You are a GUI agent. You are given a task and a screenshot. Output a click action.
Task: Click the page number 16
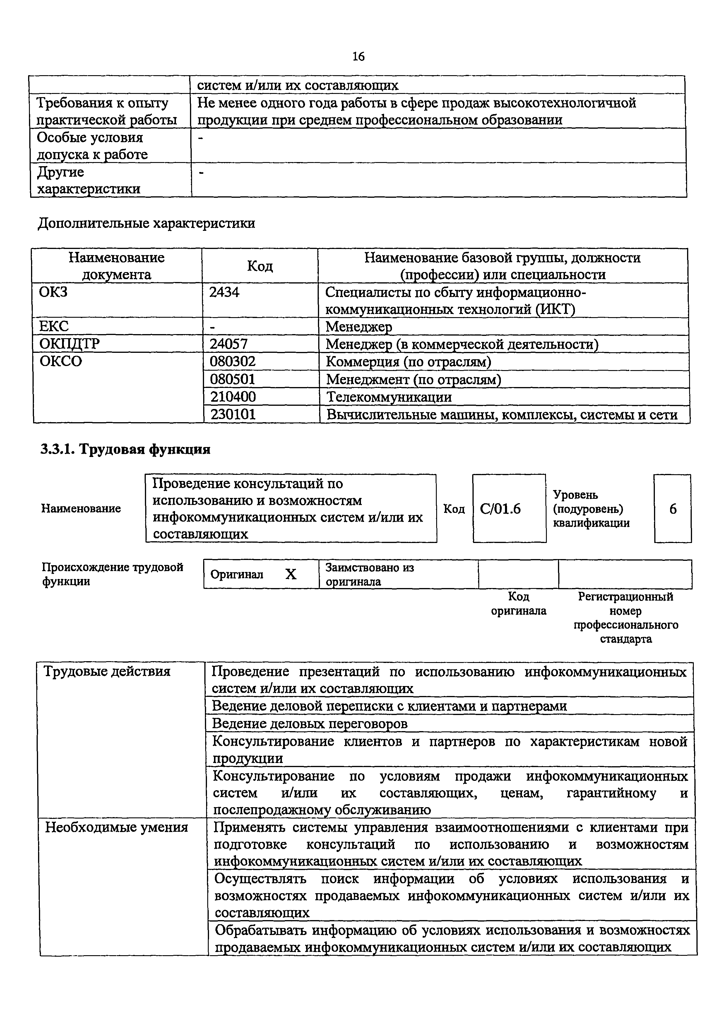click(359, 56)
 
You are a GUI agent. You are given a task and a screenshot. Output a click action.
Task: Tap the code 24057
click(228, 344)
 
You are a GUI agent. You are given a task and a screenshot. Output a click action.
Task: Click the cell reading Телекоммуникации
click(389, 397)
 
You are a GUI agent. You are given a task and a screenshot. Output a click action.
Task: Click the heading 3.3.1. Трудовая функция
click(125, 449)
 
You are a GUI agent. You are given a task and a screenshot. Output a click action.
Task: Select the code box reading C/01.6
click(500, 509)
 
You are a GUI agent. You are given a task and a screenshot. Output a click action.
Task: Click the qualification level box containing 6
click(672, 509)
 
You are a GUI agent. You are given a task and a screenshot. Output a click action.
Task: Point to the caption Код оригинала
click(518, 604)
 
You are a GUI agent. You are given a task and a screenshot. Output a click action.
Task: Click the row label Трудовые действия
click(107, 672)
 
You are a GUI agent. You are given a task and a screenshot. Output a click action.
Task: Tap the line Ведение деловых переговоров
click(309, 723)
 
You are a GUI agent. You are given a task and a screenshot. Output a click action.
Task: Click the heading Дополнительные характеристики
click(146, 223)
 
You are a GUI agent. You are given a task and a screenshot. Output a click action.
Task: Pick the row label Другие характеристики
click(88, 181)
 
